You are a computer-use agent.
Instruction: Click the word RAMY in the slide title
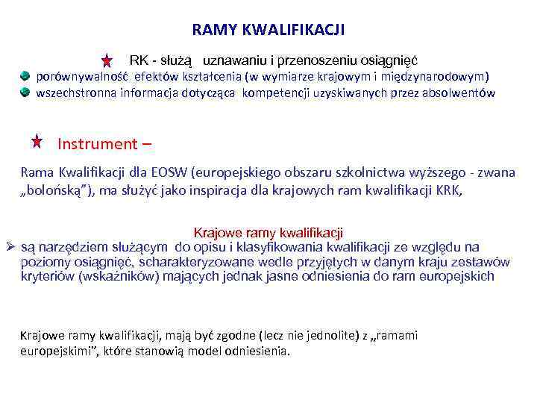point(216,30)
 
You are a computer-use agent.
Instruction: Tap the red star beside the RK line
point(107,60)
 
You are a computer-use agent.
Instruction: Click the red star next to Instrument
point(37,140)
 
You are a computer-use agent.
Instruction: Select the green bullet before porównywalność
point(25,76)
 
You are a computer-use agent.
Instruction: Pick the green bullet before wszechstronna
point(25,93)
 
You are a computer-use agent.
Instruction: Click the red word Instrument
point(97,144)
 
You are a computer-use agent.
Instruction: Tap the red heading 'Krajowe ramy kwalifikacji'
point(268,233)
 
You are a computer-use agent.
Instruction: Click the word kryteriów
point(47,277)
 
